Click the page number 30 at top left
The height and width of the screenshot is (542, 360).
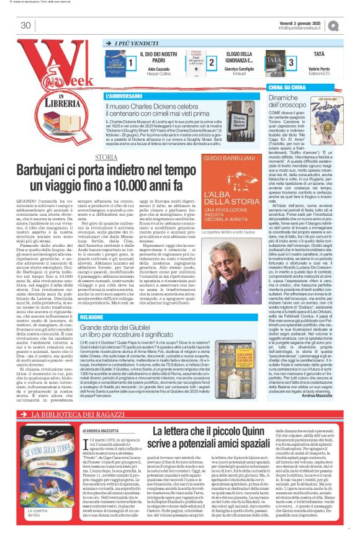pyautogui.click(x=25, y=25)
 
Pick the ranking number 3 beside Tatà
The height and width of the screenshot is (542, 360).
pyautogui.click(x=291, y=62)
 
